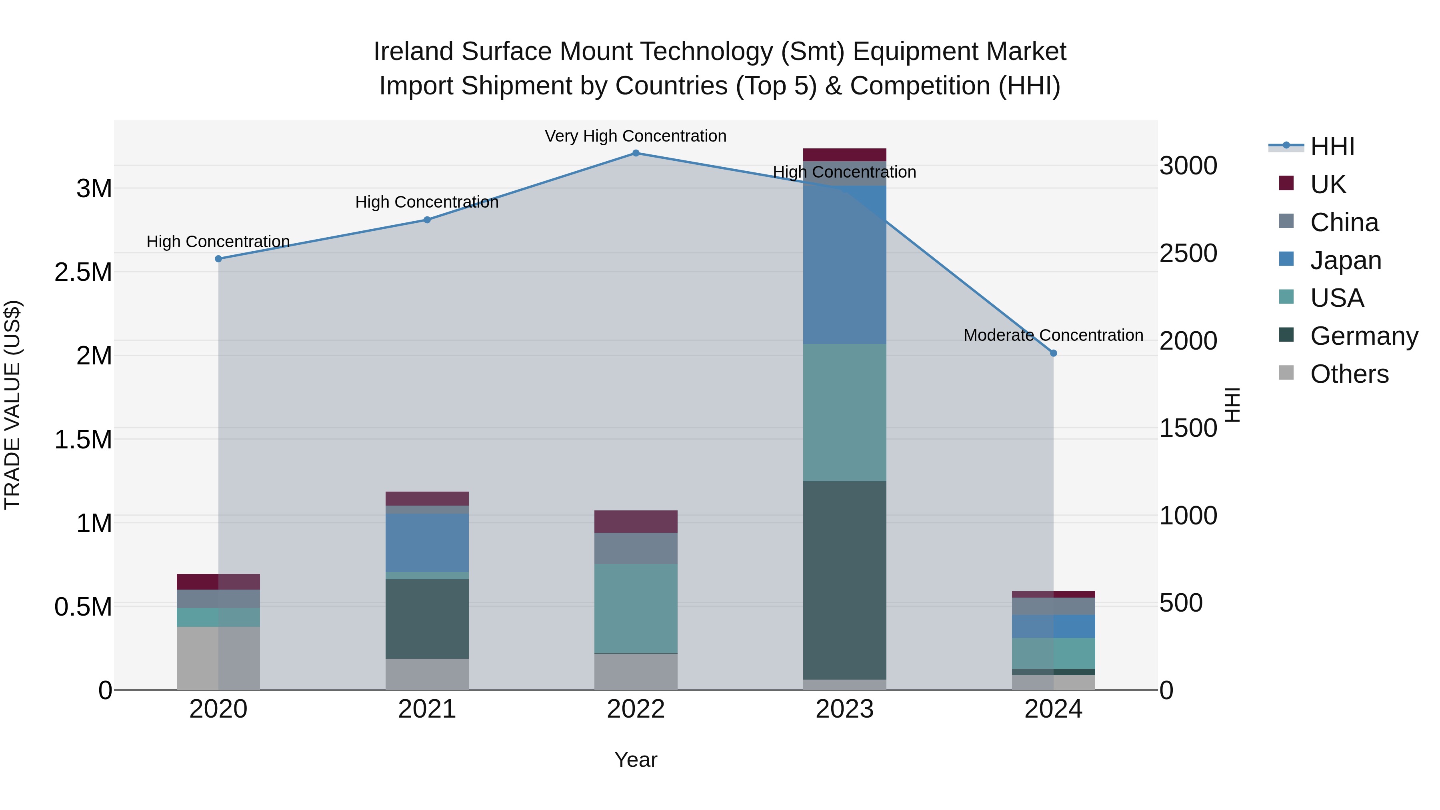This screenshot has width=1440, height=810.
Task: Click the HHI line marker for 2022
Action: coord(636,153)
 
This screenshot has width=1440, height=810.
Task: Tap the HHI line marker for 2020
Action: coord(218,259)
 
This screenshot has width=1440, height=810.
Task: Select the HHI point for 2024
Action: coord(1053,353)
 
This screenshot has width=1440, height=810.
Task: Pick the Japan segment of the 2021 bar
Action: coord(427,542)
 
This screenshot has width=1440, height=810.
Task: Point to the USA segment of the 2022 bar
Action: coord(636,608)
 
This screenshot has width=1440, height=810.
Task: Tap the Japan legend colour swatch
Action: coord(1286,259)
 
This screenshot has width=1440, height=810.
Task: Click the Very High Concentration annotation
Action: coord(636,136)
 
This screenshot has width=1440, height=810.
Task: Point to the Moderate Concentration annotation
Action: coord(1053,336)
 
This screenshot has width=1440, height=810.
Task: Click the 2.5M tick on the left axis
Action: coord(83,272)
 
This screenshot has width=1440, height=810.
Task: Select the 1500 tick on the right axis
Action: coord(1188,428)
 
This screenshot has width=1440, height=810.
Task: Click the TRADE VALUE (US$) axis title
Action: coord(12,405)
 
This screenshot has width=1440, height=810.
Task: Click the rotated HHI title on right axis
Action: coord(1232,405)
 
